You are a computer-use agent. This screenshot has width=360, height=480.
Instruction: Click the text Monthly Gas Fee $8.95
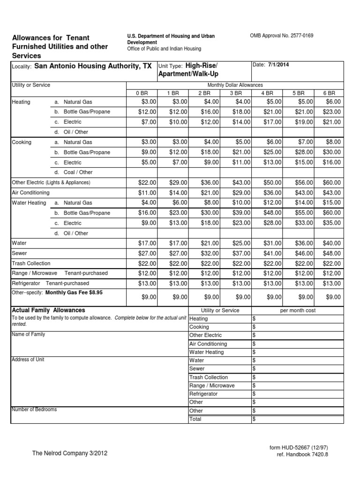[x=74, y=292]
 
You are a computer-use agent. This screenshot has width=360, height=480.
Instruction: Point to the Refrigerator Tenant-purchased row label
[x=50, y=284]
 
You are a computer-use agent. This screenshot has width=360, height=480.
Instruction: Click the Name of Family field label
[x=28, y=335]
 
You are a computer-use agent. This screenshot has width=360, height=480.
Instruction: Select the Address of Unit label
[x=28, y=360]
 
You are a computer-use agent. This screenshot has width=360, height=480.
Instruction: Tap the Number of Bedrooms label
[x=34, y=410]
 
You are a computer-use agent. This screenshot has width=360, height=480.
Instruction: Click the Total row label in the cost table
[x=195, y=419]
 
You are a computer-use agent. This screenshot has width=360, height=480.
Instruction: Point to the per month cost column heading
[x=297, y=310]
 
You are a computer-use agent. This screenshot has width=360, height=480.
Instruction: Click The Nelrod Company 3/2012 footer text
[x=72, y=453]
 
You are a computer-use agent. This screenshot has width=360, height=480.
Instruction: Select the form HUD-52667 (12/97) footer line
[x=296, y=448]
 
